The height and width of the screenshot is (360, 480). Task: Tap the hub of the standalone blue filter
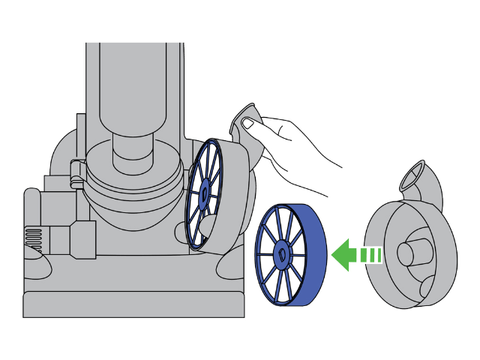tap(280, 253)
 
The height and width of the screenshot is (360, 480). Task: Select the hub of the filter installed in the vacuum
tap(204, 192)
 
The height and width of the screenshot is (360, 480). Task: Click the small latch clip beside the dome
tap(76, 172)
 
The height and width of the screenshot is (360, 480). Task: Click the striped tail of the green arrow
tap(370, 255)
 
